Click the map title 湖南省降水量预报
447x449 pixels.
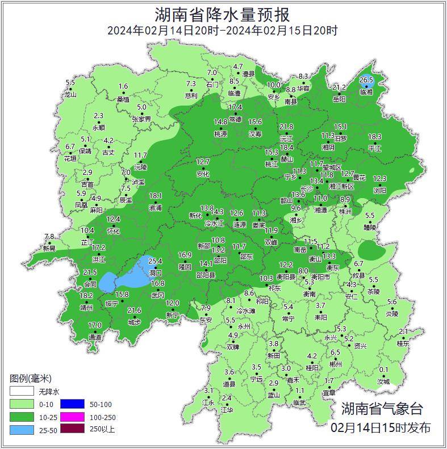tap(223, 13)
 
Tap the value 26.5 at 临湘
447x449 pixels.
tap(366, 80)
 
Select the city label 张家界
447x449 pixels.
tap(141, 119)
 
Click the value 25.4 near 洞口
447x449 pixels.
tap(156, 261)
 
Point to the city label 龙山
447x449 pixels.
tap(70, 94)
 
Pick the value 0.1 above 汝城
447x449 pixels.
tap(384, 370)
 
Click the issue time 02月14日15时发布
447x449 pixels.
tap(381, 427)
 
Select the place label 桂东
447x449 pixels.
tap(403, 343)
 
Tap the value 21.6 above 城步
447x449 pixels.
tap(134, 310)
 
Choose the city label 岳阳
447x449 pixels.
tap(339, 99)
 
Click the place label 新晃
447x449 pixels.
tap(49, 249)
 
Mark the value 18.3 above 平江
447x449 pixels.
tap(375, 137)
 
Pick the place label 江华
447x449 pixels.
tap(227, 410)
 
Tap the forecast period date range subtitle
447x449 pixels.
tap(223, 31)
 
